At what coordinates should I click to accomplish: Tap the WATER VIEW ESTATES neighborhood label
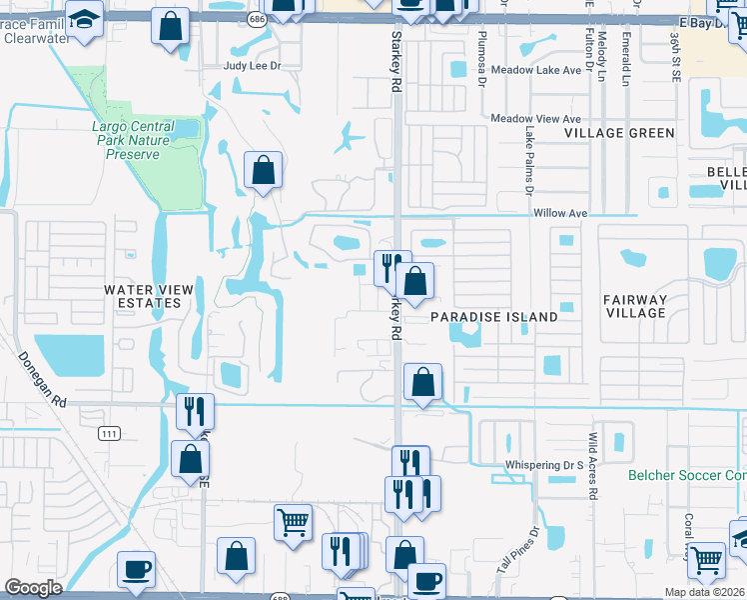coord(149,296)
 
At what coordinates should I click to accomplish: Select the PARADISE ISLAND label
coord(493,317)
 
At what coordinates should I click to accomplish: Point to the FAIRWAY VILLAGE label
coord(634,306)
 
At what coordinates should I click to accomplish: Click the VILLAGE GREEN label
coord(618,133)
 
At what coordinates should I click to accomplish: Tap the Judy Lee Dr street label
coord(254,66)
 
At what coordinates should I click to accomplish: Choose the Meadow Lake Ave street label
coord(535,70)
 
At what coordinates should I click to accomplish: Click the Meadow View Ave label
coord(535,118)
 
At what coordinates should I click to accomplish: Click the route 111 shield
coord(109,432)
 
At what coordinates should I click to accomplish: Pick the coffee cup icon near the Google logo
coord(136,569)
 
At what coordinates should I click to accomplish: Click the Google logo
coord(33,588)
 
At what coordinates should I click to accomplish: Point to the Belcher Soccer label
coord(687,476)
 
